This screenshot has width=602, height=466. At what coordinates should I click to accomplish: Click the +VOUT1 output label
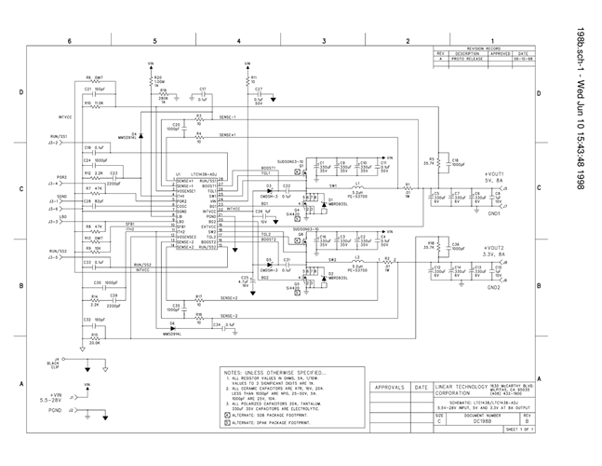(493, 174)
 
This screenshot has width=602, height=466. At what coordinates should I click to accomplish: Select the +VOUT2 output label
(493, 247)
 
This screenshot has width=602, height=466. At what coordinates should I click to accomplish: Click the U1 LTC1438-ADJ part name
(203, 173)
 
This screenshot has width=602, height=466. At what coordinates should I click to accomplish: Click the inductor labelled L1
(358, 189)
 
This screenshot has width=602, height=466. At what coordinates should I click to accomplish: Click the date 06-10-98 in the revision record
(525, 60)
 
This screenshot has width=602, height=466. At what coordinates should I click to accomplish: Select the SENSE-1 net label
(227, 118)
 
